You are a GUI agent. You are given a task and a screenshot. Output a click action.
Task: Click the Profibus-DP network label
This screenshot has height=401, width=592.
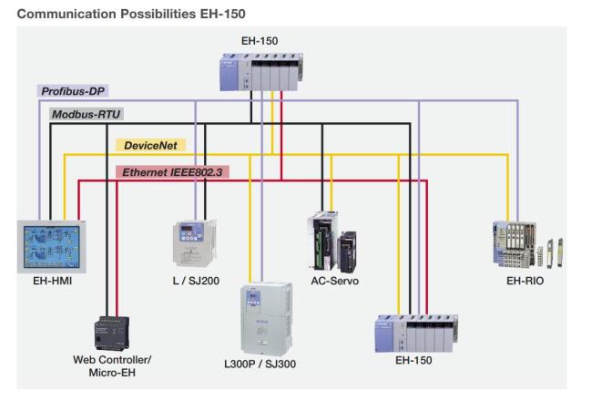[x=75, y=92]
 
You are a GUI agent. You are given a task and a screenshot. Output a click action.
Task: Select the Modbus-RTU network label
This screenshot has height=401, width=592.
[x=87, y=115]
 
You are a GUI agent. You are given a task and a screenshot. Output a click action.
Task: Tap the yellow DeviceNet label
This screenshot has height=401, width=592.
[x=150, y=145]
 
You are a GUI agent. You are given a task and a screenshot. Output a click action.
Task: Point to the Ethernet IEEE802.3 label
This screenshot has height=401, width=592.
[x=174, y=170]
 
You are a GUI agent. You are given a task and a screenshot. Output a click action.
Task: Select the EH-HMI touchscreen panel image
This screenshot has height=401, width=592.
[x=54, y=245]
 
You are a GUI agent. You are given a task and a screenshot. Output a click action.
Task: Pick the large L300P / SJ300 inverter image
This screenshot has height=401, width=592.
[x=267, y=318]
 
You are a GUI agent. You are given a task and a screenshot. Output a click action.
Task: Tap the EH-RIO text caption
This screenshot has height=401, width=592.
[x=525, y=282]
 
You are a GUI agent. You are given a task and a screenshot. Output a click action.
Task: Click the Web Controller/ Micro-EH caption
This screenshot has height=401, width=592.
[x=112, y=365]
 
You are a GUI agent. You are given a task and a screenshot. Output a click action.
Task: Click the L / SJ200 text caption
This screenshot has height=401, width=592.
[x=195, y=282]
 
